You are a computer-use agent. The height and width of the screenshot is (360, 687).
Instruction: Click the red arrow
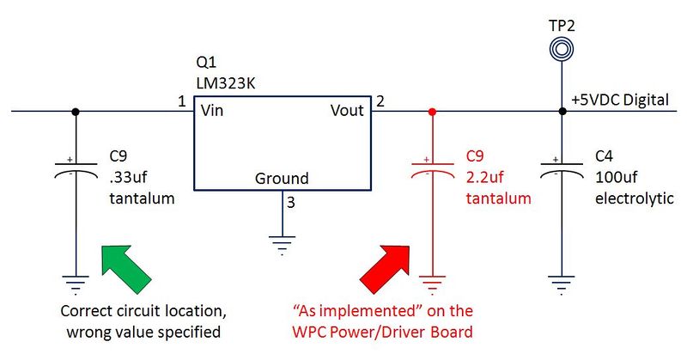tap(385, 268)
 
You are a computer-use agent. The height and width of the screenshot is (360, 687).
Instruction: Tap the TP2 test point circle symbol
tap(562, 49)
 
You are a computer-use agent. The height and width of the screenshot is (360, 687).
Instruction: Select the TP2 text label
tap(562, 26)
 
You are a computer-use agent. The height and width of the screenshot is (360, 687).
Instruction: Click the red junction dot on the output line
tap(433, 112)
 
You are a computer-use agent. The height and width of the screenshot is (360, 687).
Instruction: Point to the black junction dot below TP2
tap(562, 112)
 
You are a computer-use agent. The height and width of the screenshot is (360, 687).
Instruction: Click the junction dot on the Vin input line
tap(76, 112)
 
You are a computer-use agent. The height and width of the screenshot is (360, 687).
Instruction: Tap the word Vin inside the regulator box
tap(212, 111)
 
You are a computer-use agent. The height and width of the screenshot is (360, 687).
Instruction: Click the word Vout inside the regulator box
tap(347, 111)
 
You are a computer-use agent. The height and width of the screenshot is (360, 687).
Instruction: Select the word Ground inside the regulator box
tap(282, 179)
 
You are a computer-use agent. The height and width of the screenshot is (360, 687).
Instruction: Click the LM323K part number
tap(226, 83)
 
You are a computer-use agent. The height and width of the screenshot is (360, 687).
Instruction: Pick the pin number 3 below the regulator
tap(291, 203)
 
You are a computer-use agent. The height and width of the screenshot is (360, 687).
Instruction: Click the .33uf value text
tap(128, 177)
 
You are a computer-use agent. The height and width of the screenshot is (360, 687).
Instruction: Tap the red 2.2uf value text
tap(485, 177)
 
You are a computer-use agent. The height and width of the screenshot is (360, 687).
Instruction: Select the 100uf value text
tap(617, 177)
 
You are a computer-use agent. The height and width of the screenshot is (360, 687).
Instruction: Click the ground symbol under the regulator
tap(283, 245)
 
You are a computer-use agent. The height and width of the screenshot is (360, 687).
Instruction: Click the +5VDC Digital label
tap(620, 100)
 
